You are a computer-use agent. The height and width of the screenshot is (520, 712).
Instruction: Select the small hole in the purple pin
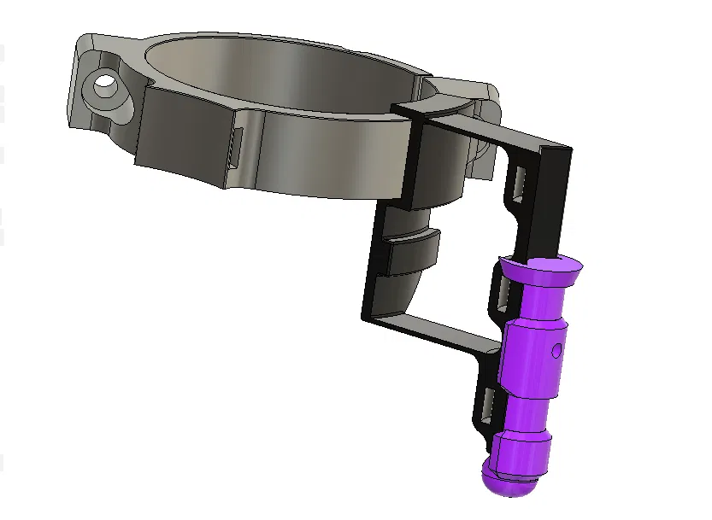556,349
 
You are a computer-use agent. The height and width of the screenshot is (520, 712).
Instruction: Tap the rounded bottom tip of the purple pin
509,484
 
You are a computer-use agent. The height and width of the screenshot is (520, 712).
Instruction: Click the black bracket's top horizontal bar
479,128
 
